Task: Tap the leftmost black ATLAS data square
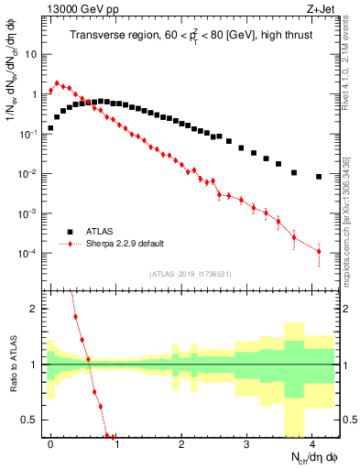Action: coord(51,128)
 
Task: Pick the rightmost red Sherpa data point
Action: coord(319,252)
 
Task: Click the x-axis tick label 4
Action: coord(312,442)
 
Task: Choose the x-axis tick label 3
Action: coord(246,442)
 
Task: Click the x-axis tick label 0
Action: coord(51,442)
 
